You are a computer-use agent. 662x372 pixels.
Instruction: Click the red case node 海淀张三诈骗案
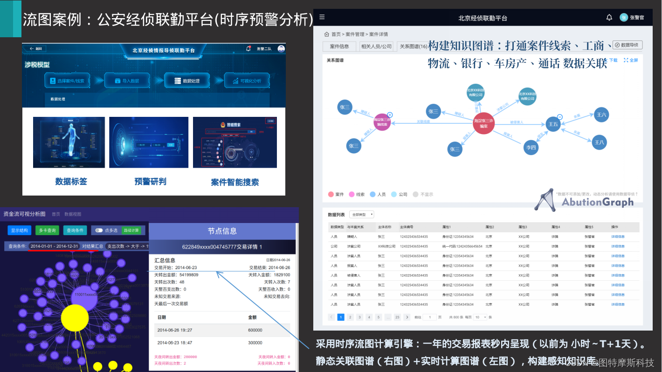[483, 123]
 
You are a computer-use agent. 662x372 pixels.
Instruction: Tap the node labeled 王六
[601, 115]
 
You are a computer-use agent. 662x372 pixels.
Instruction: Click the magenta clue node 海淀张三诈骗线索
[382, 122]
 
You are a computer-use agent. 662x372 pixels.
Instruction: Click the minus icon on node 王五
[560, 117]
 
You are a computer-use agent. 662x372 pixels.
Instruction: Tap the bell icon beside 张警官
[609, 18]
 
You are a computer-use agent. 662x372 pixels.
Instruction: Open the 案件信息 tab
[339, 47]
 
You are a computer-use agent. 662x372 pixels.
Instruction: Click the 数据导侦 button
[628, 45]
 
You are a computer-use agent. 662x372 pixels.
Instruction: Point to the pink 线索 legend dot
[352, 194]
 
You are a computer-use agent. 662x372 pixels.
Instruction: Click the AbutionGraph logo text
[597, 202]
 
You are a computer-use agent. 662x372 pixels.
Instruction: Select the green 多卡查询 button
[47, 230]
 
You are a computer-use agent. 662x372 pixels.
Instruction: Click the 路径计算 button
[131, 230]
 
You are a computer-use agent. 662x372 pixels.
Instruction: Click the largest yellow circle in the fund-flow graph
[75, 318]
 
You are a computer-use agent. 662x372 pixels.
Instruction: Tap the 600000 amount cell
[255, 330]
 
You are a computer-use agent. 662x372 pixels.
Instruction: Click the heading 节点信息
[222, 231]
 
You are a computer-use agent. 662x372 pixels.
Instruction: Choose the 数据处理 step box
[186, 81]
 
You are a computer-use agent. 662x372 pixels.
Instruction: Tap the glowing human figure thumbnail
[69, 142]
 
